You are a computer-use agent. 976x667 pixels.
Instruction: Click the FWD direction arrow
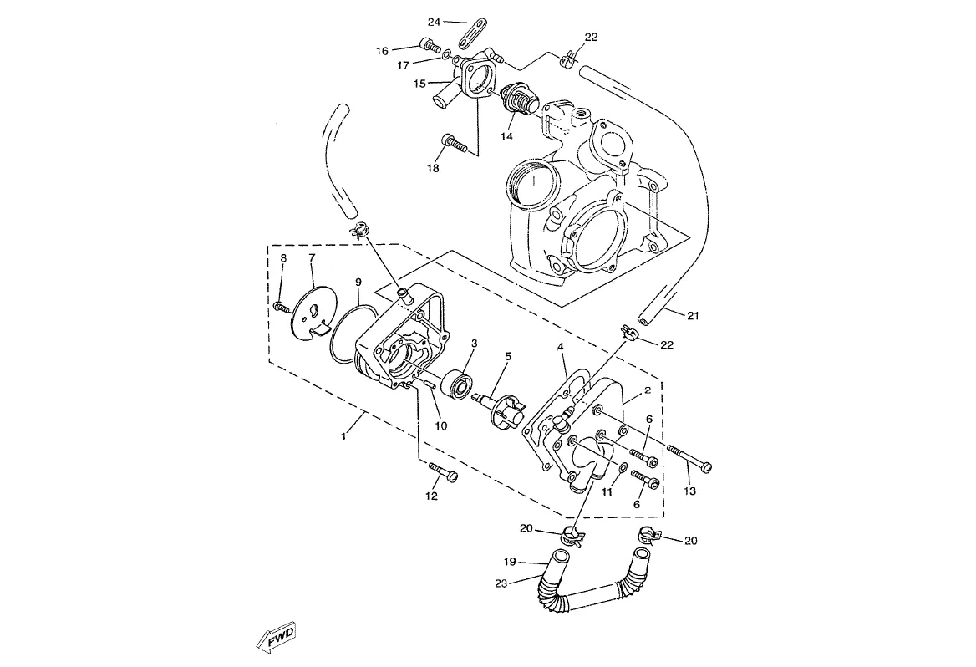pos(276,636)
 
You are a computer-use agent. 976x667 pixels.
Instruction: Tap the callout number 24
pos(434,23)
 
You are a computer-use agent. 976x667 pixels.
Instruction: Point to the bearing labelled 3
pos(458,382)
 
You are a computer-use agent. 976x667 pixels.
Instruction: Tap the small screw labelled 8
pos(282,307)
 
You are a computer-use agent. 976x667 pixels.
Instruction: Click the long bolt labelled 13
pos(689,457)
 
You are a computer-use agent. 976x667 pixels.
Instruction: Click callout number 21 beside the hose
pos(693,316)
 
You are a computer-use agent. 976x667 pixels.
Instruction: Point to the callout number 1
pos(343,436)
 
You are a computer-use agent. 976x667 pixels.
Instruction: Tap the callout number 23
pos(501,583)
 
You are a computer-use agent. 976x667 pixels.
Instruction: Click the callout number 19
pos(510,562)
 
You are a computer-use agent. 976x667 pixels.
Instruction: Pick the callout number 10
pos(440,426)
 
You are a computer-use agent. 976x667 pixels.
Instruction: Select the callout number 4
pos(560,346)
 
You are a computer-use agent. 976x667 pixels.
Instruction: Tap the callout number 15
pos(419,83)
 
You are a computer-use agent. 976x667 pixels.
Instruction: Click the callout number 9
pos(358,283)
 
